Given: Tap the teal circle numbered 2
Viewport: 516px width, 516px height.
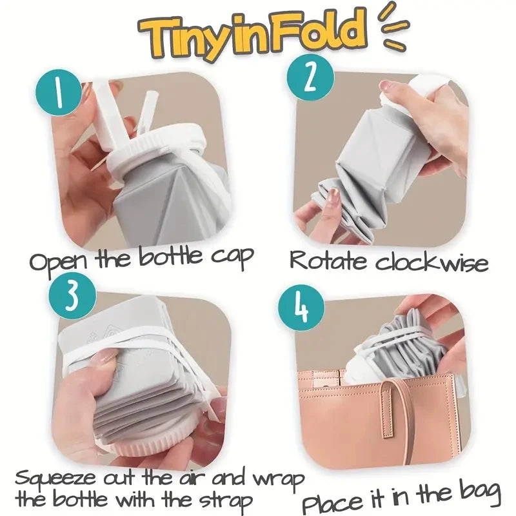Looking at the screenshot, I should [308, 78].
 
